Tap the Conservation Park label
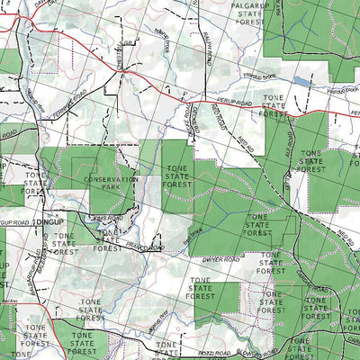(112, 184)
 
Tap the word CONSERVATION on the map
(112, 179)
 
